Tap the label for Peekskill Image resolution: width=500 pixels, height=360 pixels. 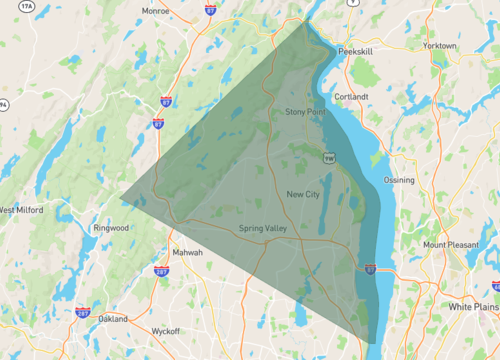pyautogui.click(x=355, y=49)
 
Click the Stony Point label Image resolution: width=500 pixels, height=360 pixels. pyautogui.click(x=305, y=112)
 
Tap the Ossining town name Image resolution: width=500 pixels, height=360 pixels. pyautogui.click(x=399, y=180)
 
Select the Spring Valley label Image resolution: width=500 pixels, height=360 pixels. pyautogui.click(x=262, y=229)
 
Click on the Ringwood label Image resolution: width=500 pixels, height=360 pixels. pyautogui.click(x=110, y=228)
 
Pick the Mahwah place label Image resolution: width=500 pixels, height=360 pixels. pyautogui.click(x=187, y=252)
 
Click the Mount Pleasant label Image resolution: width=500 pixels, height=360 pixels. pyautogui.click(x=448, y=245)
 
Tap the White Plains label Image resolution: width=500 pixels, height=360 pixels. pyautogui.click(x=473, y=305)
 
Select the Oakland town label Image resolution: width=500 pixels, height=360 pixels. pyautogui.click(x=113, y=319)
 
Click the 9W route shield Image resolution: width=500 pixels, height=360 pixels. pyautogui.click(x=329, y=158)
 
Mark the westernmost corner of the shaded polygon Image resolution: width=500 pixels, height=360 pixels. pyautogui.click(x=120, y=198)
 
